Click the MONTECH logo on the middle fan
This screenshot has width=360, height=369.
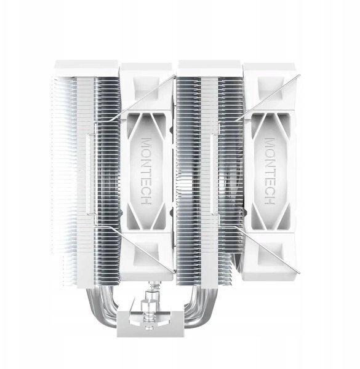pyautogui.click(x=146, y=171)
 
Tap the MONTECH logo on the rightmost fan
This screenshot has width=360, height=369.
pyautogui.click(x=270, y=171)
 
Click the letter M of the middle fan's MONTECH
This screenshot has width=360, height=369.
pyautogui.click(x=146, y=143)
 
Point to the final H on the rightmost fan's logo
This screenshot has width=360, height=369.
pyautogui.click(x=270, y=200)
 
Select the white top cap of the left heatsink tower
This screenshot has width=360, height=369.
pyautogui.click(x=86, y=68)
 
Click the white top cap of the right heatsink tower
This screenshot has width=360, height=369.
pyautogui.click(x=210, y=68)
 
